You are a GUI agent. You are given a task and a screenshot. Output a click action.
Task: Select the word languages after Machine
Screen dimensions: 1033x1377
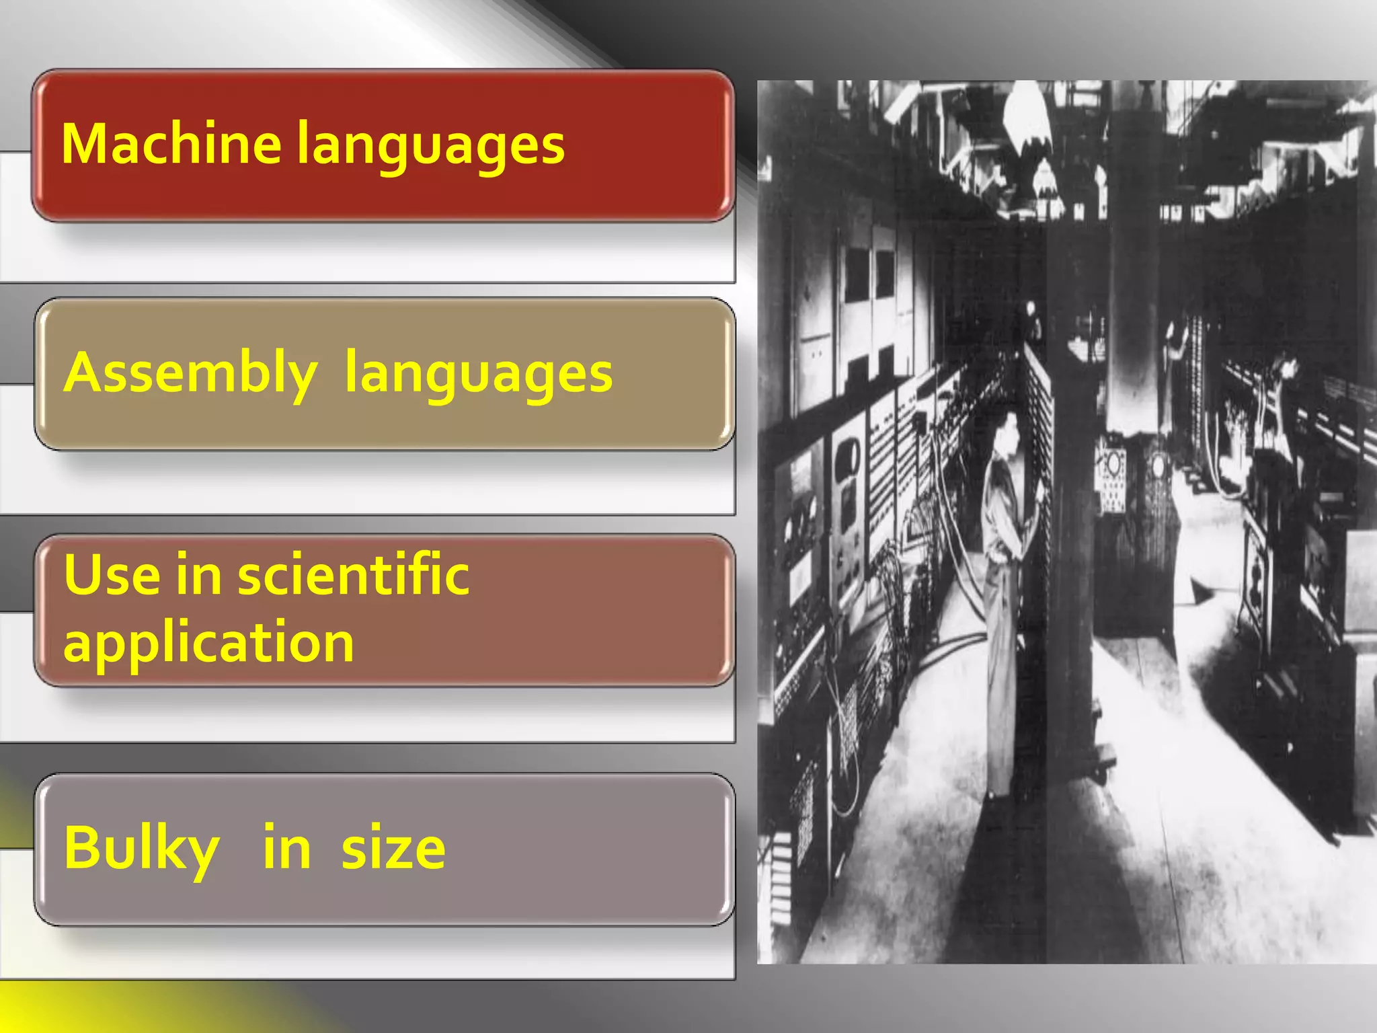430,147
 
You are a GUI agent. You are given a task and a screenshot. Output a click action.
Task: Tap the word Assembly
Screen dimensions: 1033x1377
190,374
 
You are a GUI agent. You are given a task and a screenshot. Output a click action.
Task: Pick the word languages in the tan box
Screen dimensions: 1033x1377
478,375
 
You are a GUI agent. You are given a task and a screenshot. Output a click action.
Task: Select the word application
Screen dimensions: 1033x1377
208,644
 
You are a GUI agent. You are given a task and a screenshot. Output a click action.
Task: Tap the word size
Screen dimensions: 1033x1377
393,849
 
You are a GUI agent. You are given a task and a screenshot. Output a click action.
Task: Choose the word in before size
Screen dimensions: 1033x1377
286,849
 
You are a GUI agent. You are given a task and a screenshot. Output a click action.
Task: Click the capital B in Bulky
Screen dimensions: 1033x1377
81,847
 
